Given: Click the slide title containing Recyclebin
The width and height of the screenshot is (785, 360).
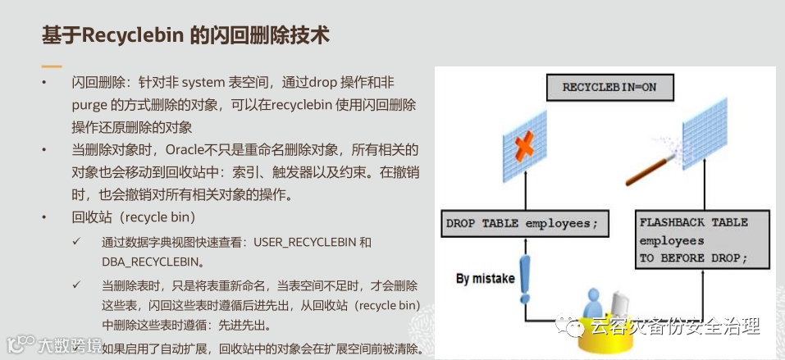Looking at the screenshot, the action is (x=185, y=35).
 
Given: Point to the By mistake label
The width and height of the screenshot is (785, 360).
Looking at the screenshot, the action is (x=485, y=278).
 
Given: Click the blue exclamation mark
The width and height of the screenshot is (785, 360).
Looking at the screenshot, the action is (x=525, y=280).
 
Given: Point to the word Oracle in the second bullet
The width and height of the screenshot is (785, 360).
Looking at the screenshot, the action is (x=188, y=149).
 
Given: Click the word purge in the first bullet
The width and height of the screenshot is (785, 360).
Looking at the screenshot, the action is (x=89, y=105).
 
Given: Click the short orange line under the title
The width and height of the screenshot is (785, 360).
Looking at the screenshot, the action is (x=52, y=65).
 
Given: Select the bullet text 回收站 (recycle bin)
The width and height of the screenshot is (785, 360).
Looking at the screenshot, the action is (x=133, y=217).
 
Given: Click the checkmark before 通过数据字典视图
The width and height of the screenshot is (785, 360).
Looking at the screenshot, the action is (x=76, y=243).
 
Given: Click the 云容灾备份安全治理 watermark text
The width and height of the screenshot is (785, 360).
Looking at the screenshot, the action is (x=674, y=327).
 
